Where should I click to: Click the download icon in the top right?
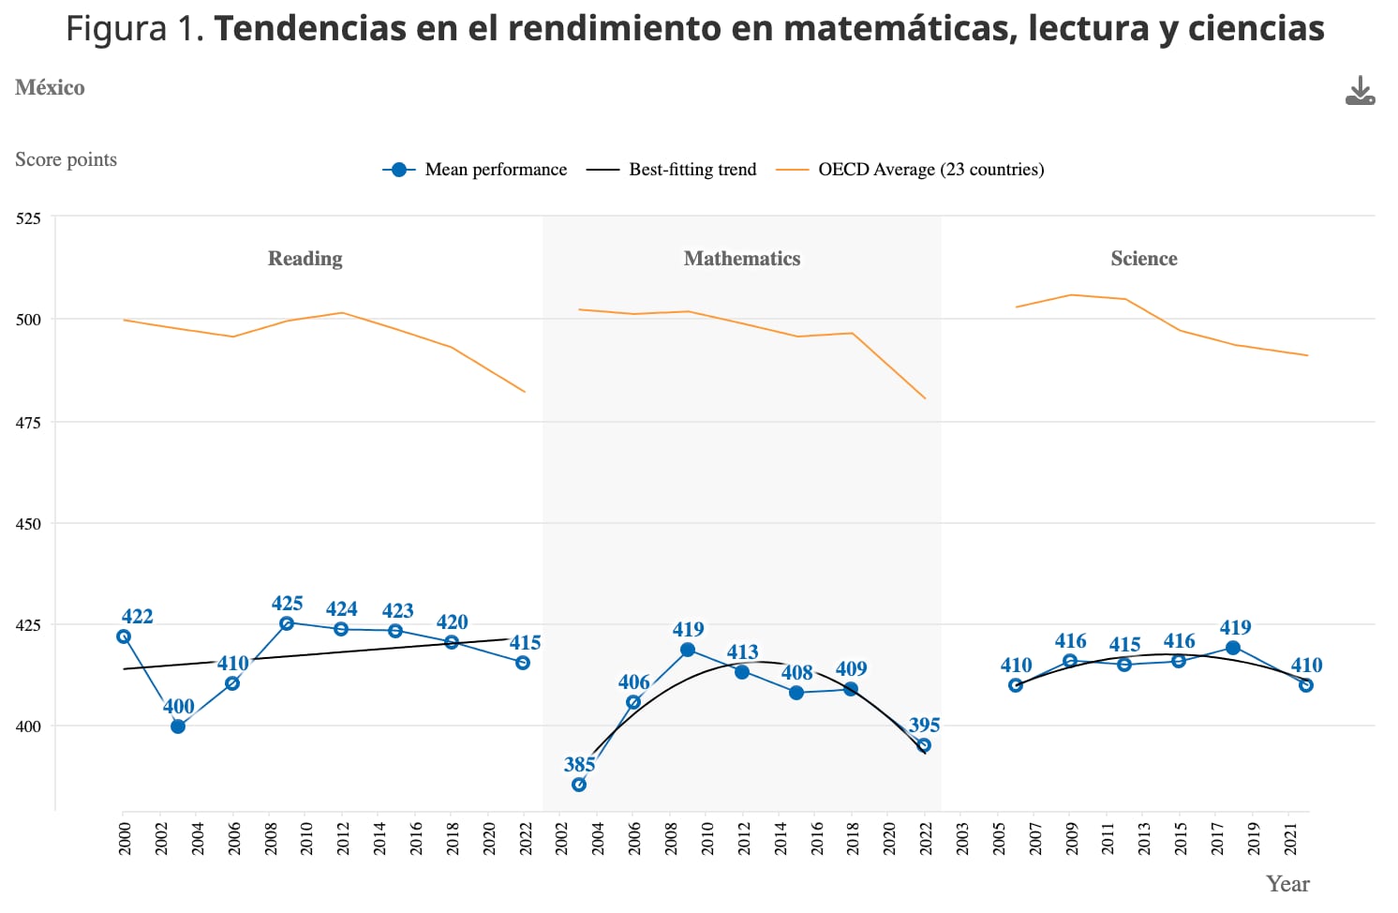pyautogui.click(x=1360, y=91)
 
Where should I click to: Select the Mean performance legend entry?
pyautogui.click(x=475, y=170)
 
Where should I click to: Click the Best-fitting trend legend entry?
pyautogui.click(x=671, y=170)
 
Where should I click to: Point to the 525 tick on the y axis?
pyautogui.click(x=29, y=218)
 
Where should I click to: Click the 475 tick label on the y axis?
pyautogui.click(x=29, y=423)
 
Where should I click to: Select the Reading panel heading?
pyautogui.click(x=305, y=259)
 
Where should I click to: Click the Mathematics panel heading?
pyautogui.click(x=742, y=259)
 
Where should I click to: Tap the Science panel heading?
pyautogui.click(x=1143, y=259)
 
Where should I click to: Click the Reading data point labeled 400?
pyautogui.click(x=178, y=726)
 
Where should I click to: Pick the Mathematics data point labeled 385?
pyautogui.click(x=579, y=785)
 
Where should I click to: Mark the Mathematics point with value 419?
pyautogui.click(x=688, y=650)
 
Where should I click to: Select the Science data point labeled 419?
pyautogui.click(x=1233, y=648)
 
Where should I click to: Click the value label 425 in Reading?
pyautogui.click(x=287, y=603)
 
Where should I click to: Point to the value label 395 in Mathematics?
pyautogui.click(x=924, y=725)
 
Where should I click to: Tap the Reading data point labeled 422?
pyautogui.click(x=124, y=636)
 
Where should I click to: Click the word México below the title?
pyautogui.click(x=50, y=87)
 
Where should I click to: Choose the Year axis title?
pyautogui.click(x=1287, y=884)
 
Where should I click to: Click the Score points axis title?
pyautogui.click(x=66, y=159)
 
